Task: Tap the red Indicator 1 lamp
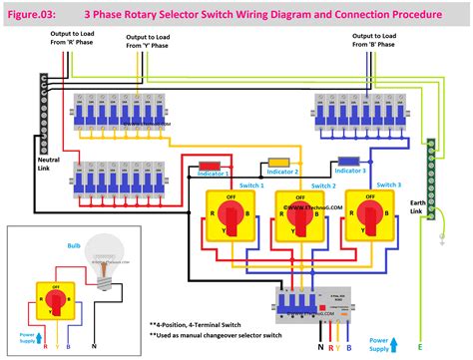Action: coord(211,165)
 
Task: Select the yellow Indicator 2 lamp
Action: coord(279,162)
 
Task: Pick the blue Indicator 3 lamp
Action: coord(348,160)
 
